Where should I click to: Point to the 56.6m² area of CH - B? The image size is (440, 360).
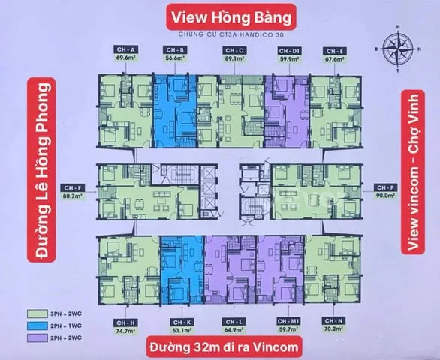[x=175, y=55]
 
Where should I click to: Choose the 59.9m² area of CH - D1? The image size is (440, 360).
[x=279, y=55]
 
